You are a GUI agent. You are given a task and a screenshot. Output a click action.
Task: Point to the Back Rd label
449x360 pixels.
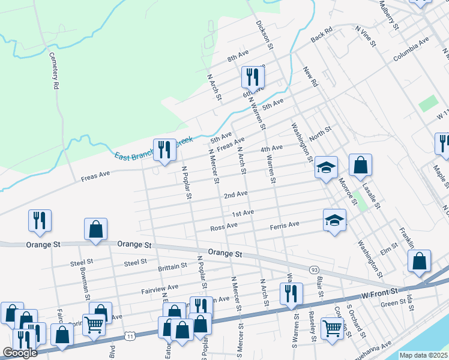pyautogui.click(x=321, y=35)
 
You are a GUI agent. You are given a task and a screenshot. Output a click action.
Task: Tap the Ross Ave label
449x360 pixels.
pyautogui.click(x=224, y=227)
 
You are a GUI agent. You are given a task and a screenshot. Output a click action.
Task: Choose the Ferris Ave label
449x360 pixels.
pyautogui.click(x=285, y=225)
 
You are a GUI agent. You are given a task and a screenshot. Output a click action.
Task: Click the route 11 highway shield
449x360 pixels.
pyautogui.click(x=127, y=335)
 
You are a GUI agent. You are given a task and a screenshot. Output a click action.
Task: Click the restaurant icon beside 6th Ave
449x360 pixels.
pyautogui.click(x=253, y=77)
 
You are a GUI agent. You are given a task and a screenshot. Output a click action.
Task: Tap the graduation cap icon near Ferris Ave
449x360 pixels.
pyautogui.click(x=334, y=220)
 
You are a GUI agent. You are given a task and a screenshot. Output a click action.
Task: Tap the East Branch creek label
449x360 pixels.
pyautogui.click(x=154, y=148)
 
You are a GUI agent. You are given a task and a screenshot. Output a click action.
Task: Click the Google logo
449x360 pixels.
pyautogui.click(x=20, y=353)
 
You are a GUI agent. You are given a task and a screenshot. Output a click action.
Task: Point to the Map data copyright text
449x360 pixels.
pyautogui.click(x=423, y=355)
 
